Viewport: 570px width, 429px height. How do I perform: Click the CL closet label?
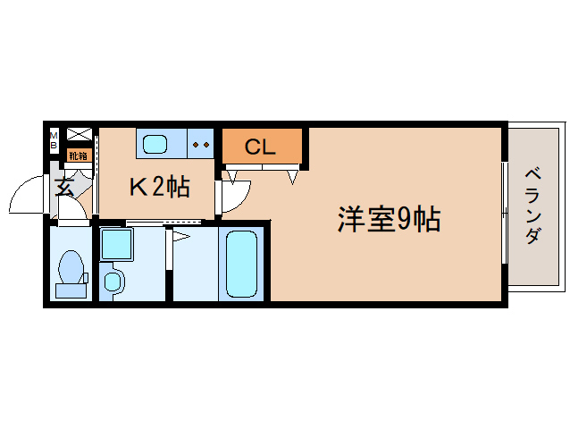tap(260, 147)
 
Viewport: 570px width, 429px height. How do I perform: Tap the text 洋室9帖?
tap(388, 220)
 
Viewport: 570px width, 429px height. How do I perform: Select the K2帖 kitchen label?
tap(159, 187)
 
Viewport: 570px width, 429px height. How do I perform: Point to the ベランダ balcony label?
tap(532, 206)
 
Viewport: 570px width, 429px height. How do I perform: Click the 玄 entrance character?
tap(64, 187)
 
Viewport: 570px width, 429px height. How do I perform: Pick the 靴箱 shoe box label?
tap(79, 156)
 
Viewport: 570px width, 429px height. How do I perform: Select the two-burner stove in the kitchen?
tap(201, 143)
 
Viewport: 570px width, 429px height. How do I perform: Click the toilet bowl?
tap(71, 267)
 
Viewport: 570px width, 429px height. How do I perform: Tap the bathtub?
tap(242, 264)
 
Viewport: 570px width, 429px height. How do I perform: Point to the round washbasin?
tap(113, 282)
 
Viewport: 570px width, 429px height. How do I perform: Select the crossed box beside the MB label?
tap(79, 135)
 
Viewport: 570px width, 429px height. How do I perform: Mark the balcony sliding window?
tap(506, 213)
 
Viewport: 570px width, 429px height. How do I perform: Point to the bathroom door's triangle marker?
tap(180, 236)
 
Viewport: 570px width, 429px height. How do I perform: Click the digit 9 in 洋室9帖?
tap(404, 220)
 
